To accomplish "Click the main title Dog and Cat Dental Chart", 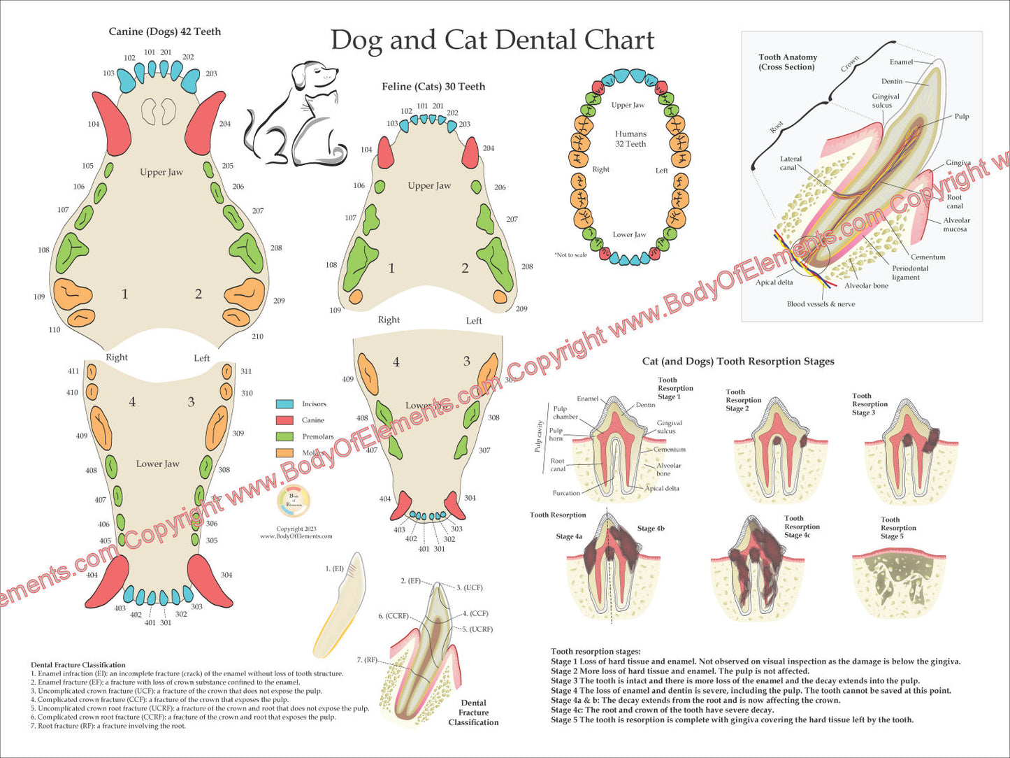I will click(x=492, y=40).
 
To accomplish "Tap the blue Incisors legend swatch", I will click(x=284, y=404).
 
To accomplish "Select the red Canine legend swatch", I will click(x=284, y=420).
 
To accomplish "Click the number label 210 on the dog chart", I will click(x=257, y=336).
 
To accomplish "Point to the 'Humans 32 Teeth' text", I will click(x=630, y=138).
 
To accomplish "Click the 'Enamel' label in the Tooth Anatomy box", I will click(x=902, y=62).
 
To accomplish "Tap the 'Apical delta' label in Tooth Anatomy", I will click(x=774, y=283).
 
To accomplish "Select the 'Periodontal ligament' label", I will click(x=909, y=273).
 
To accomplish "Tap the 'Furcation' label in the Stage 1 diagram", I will click(x=566, y=493).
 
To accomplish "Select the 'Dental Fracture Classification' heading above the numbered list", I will click(x=78, y=665).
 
